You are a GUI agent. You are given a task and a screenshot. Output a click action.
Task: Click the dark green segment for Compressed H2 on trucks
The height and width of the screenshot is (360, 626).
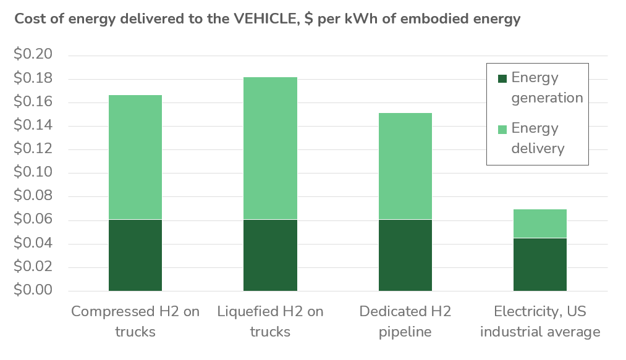[135, 256]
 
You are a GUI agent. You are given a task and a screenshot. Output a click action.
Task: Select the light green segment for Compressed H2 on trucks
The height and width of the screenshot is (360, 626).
[135, 157]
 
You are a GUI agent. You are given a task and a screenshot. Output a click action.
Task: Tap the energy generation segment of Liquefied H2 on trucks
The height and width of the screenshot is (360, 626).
[270, 256]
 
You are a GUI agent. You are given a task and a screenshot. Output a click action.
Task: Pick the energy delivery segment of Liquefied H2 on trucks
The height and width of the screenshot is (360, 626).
[270, 148]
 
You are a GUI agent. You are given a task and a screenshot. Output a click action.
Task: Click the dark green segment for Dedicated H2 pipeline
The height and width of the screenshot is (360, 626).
[405, 256]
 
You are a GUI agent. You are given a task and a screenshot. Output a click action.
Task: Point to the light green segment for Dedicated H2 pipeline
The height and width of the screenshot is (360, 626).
[405, 166]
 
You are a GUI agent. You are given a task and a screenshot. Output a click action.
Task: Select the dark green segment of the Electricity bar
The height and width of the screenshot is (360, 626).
[540, 265]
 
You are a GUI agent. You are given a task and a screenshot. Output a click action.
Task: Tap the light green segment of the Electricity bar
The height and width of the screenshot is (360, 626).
[540, 224]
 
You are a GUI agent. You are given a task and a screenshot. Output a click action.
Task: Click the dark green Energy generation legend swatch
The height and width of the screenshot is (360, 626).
[502, 78]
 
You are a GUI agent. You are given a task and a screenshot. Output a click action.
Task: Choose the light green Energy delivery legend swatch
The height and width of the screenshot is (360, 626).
[502, 129]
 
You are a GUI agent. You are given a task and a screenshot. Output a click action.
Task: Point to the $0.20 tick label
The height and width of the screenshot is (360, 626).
[33, 54]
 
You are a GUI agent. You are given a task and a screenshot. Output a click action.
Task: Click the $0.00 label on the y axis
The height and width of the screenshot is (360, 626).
[33, 290]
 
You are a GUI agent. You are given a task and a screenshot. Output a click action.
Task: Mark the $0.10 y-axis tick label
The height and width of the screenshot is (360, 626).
[33, 172]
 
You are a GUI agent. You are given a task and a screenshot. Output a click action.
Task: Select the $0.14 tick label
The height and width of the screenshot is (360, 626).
[33, 125]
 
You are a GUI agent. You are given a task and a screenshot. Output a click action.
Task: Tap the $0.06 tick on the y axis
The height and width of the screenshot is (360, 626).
[33, 219]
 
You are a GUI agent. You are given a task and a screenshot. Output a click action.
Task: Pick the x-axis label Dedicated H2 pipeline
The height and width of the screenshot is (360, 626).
[405, 321]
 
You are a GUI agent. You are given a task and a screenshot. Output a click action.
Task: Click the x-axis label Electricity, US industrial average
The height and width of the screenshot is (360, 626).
[540, 321]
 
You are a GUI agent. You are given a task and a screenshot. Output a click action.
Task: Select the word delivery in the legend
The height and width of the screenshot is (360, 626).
[538, 148]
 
